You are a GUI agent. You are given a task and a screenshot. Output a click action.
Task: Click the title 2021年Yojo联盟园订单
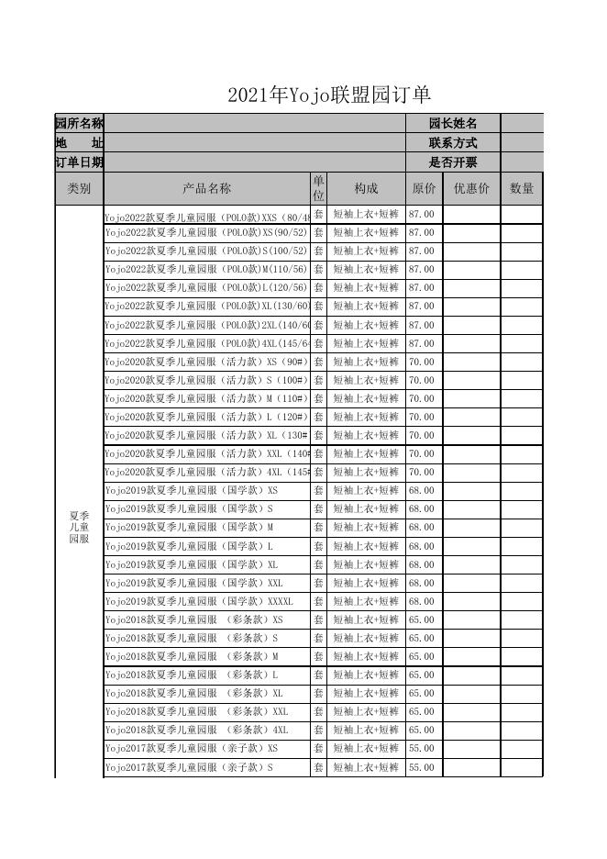pos(329,95)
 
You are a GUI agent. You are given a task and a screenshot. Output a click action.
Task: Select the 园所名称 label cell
pos(79,124)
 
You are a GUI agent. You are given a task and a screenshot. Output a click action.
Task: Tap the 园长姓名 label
pos(453,124)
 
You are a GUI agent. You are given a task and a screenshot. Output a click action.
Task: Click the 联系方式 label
pos(453,143)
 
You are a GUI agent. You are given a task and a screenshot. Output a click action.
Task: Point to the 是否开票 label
pos(453,162)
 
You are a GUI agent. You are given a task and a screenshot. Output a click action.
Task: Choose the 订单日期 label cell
pos(79,162)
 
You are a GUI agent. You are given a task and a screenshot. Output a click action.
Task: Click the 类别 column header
pos(79,188)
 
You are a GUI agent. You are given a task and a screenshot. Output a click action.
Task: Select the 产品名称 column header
pos(206,188)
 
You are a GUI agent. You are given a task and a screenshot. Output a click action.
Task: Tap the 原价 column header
pos(424,188)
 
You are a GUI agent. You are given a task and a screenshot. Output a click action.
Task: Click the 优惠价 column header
pos(471,188)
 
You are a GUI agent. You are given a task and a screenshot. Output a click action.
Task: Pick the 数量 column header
pos(522,188)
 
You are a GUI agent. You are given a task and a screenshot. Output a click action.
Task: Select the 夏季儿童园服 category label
pos(79,528)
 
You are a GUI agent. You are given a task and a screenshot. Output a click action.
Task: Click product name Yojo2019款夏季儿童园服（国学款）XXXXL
pos(199,601)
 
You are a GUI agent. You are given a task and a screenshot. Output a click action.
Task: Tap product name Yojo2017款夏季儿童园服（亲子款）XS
pos(191,749)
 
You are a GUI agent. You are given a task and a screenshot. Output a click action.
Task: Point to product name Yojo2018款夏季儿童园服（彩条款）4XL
pos(196,731)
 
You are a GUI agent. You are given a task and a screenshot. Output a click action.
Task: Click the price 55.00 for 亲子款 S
pos(422,767)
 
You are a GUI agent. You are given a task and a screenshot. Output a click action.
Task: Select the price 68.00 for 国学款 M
pos(422,528)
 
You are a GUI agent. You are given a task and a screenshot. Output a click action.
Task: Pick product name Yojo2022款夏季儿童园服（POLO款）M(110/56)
pos(205,269)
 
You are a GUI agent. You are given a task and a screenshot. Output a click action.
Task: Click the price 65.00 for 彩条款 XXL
pos(422,712)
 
